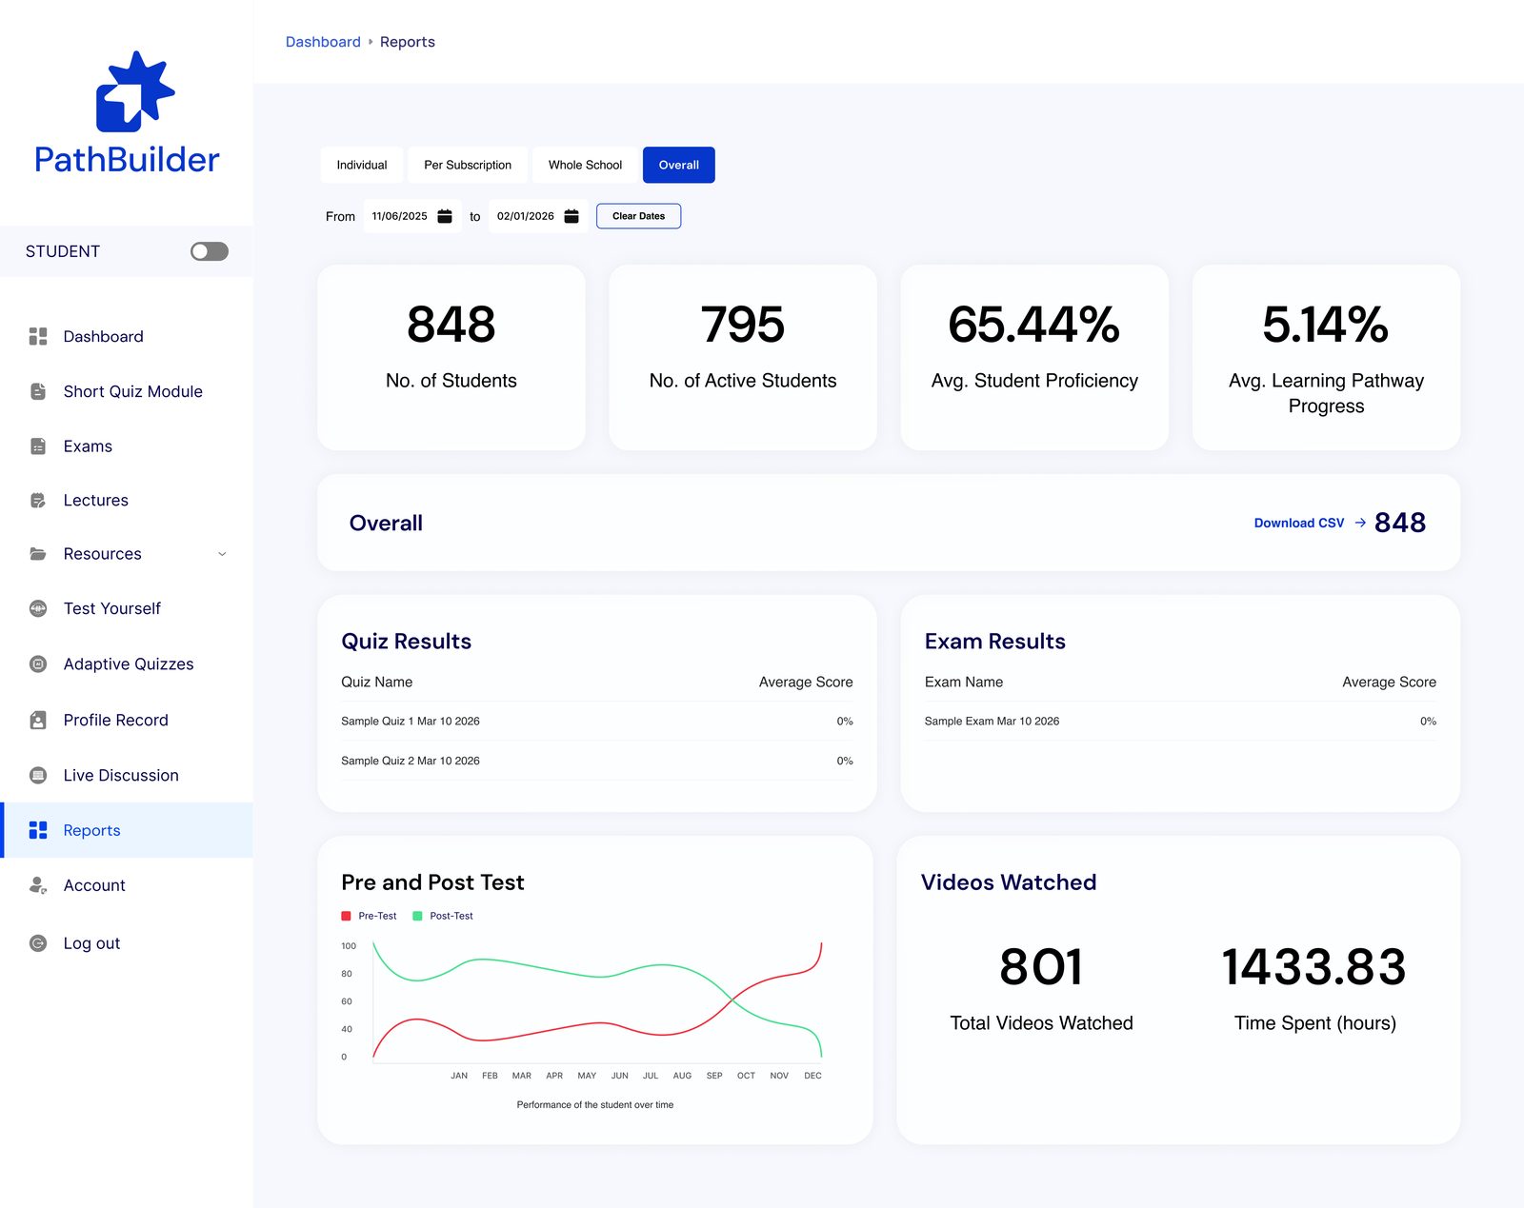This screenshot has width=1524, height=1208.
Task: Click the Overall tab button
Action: pos(678,165)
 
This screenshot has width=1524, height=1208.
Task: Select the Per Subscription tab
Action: pos(468,165)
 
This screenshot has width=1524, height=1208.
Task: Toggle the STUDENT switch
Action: pos(209,251)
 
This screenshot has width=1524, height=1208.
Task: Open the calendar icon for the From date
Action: pos(445,216)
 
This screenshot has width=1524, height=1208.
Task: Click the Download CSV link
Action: pos(1299,523)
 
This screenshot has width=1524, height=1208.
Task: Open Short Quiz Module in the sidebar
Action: pos(132,391)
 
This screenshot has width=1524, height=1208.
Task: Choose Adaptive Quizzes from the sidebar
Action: pos(129,663)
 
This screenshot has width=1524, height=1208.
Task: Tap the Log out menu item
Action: pos(91,943)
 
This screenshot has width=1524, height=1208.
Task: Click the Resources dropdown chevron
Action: pos(222,554)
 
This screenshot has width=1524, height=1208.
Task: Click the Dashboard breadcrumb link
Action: pos(323,42)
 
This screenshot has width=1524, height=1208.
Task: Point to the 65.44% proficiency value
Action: pos(1034,324)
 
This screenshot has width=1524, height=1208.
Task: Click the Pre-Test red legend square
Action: pos(347,916)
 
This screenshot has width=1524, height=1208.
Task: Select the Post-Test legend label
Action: pos(451,916)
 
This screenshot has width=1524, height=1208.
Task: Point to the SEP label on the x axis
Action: pos(713,1076)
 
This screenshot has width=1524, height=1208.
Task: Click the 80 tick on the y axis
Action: pos(347,974)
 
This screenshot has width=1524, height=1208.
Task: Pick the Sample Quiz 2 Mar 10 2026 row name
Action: pos(410,761)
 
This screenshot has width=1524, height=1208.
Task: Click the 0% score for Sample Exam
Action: pos(1428,722)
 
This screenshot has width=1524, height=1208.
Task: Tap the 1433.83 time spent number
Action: pos(1314,966)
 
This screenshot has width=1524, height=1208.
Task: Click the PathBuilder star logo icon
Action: pos(135,91)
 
